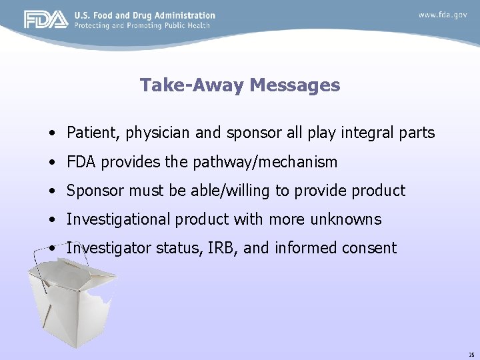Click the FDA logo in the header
pyautogui.click(x=46, y=20)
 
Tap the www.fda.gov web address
pyautogui.click(x=443, y=14)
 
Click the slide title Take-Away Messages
pyautogui.click(x=240, y=85)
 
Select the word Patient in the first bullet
pyautogui.click(x=90, y=133)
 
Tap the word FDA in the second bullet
pyautogui.click(x=80, y=162)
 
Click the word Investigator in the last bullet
pyautogui.click(x=109, y=248)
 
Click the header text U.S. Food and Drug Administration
pyautogui.click(x=145, y=15)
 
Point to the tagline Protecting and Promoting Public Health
pyautogui.click(x=142, y=25)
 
